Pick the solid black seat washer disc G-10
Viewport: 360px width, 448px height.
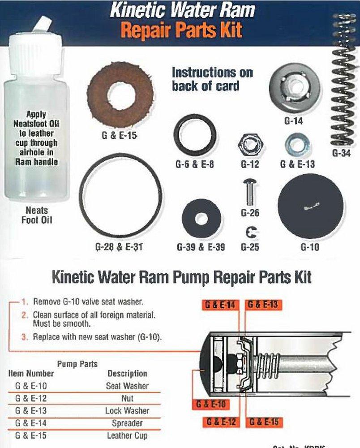(x=310, y=206)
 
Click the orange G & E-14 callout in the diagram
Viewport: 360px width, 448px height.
(x=220, y=305)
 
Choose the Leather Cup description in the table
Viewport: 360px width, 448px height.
(x=127, y=435)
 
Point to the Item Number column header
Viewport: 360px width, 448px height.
(x=31, y=373)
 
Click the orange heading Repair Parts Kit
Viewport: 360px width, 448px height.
(x=182, y=30)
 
